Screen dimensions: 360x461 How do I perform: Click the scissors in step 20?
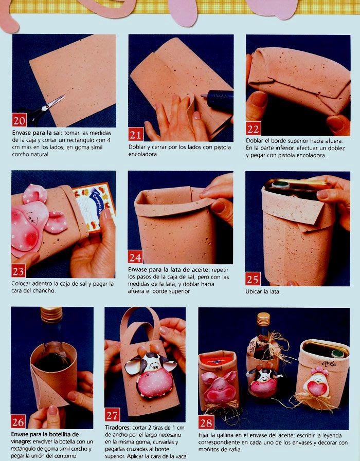click(44, 109)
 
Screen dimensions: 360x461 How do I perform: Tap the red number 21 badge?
click(136, 134)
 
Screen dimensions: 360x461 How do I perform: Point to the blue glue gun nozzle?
click(218, 99)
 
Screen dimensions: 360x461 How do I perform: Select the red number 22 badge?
click(253, 128)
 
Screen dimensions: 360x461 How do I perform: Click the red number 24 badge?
click(135, 257)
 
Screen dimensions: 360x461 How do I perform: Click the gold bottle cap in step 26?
click(51, 315)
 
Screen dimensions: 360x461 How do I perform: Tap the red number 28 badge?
click(206, 422)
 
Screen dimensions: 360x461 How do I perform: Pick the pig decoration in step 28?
click(219, 386)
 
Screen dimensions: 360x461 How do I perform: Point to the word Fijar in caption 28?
click(204, 436)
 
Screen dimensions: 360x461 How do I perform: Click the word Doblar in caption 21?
click(136, 147)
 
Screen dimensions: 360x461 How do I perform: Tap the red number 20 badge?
click(19, 120)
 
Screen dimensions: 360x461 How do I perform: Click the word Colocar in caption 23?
click(21, 284)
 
